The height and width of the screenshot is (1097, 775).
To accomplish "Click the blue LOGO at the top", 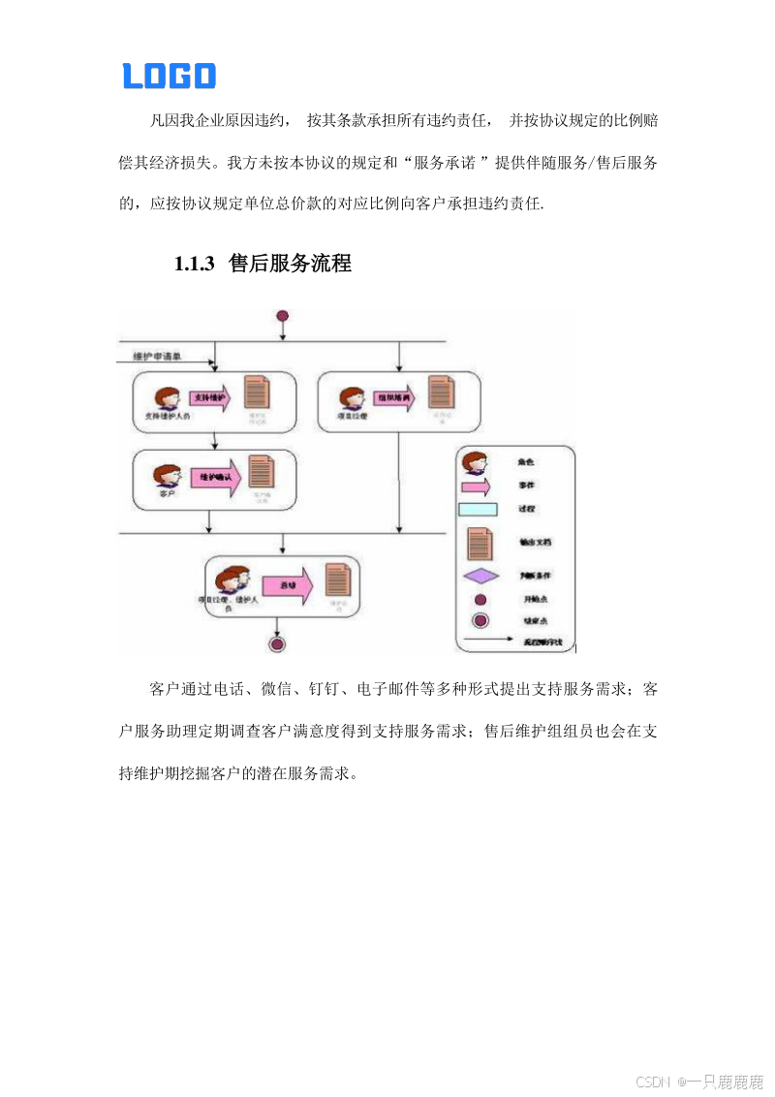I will (x=169, y=76).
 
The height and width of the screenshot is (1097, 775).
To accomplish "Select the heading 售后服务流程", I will (x=290, y=263).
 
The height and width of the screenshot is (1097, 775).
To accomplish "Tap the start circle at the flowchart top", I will (x=282, y=316).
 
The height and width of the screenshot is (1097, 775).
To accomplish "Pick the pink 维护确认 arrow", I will (x=214, y=478).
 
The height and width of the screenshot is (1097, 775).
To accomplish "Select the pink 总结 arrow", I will (x=290, y=585).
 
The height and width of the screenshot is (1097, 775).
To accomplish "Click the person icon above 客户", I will (x=166, y=476).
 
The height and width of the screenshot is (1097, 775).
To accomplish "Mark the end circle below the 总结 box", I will (x=278, y=643).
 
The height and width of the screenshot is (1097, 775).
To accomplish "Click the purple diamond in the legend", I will (x=480, y=576).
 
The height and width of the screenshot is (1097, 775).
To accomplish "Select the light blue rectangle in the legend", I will (x=480, y=510).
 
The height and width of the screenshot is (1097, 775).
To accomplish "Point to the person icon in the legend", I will (x=474, y=462).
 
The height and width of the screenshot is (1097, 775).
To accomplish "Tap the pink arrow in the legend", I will (x=480, y=486).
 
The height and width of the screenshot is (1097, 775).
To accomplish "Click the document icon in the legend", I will (x=480, y=543).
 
